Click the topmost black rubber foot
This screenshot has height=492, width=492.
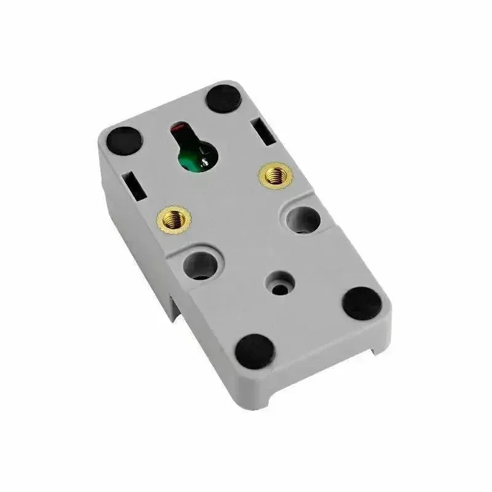224,98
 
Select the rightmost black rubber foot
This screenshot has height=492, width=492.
362,303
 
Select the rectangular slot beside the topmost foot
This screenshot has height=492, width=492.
262,132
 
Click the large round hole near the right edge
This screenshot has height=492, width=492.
303,218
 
